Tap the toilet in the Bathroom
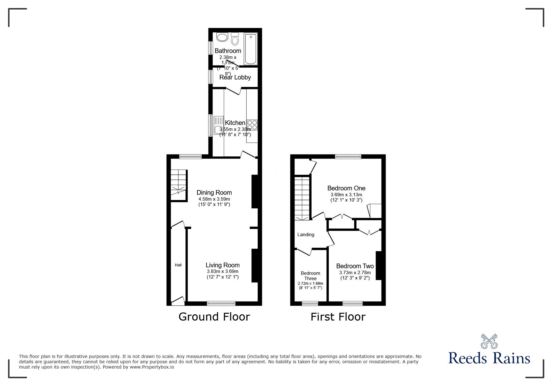235,39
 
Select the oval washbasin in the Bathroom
222,38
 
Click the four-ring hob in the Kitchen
252,125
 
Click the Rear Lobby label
235,77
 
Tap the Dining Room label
214,192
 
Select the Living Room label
223,265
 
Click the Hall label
178,265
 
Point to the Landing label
306,235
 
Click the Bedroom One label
346,188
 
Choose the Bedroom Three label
310,276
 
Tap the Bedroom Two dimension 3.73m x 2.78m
355,272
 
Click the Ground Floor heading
214,317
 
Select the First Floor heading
338,317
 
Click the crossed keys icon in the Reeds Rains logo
489,341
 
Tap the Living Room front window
221,303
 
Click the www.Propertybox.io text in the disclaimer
152,367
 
